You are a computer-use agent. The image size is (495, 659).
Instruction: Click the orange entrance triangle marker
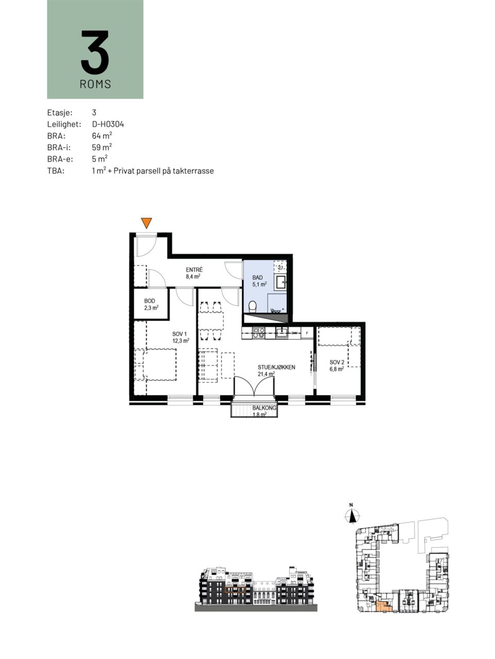(146, 223)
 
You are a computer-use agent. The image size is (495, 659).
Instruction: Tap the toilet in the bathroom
(253, 306)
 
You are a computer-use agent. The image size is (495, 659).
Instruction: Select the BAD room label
(258, 278)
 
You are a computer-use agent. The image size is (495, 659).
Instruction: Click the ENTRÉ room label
(194, 270)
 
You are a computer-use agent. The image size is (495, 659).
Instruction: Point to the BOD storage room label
(150, 301)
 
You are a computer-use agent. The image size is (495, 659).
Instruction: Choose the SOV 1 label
(179, 334)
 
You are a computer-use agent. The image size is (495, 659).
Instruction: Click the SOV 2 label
(337, 362)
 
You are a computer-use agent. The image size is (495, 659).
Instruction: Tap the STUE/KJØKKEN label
(276, 367)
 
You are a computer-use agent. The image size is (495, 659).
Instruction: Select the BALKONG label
(265, 408)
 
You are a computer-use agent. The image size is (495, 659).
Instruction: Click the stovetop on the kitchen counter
(259, 333)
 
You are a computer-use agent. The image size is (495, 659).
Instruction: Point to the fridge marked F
(307, 333)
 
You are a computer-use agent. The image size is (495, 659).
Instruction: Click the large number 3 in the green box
(95, 52)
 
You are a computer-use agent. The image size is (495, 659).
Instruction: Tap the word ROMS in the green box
(95, 84)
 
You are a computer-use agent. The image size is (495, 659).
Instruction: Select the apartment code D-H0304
(108, 124)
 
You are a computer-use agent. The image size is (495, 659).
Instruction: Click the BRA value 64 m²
(102, 136)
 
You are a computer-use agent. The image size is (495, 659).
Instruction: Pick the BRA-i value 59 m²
(102, 147)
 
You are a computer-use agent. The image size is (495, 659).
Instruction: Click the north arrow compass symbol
(352, 515)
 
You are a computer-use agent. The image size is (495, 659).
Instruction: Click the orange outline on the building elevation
(235, 590)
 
